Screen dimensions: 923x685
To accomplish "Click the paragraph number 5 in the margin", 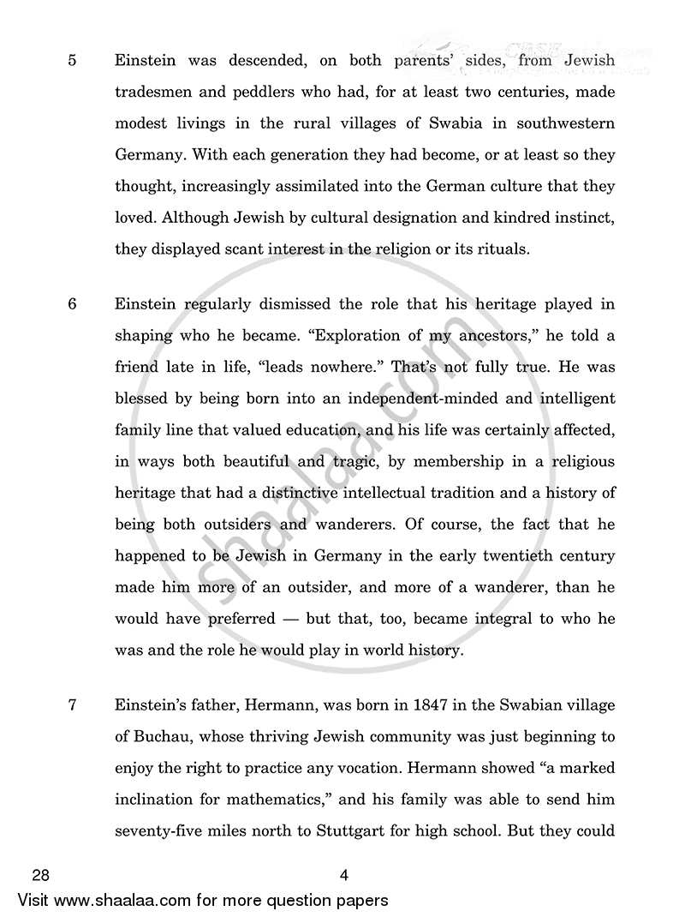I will click(72, 60).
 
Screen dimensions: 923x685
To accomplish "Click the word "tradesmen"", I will click(152, 92).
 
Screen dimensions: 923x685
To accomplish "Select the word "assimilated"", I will click(360, 186).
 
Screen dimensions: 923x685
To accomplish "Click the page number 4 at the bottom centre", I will click(342, 876).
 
